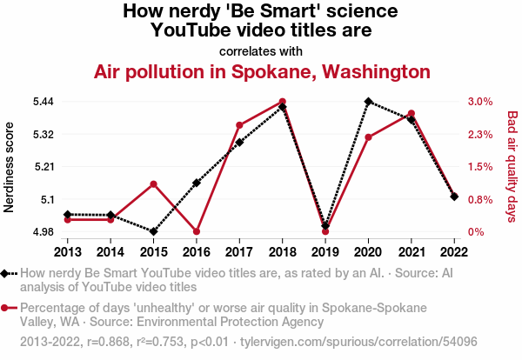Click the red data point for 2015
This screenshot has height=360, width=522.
pyautogui.click(x=153, y=184)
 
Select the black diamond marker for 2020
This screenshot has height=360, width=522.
pyautogui.click(x=368, y=102)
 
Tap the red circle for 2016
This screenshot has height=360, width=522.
pyautogui.click(x=197, y=231)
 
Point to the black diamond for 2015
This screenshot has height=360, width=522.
pyautogui.click(x=153, y=231)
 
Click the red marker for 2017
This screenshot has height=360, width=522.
pyautogui.click(x=239, y=125)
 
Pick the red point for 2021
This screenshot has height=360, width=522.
pyautogui.click(x=412, y=113)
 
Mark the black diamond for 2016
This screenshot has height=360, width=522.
pyautogui.click(x=197, y=183)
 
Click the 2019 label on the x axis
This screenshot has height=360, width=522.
pyautogui.click(x=325, y=252)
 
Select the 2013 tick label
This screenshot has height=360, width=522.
pyautogui.click(x=68, y=252)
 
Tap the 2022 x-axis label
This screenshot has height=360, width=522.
pyautogui.click(x=454, y=252)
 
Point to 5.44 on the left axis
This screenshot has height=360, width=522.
pyautogui.click(x=43, y=102)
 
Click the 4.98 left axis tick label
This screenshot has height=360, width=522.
pyautogui.click(x=43, y=231)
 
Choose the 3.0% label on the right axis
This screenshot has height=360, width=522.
pyautogui.click(x=480, y=102)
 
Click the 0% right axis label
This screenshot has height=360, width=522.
pyautogui.click(x=476, y=231)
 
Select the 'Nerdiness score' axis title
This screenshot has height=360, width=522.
pyautogui.click(x=9, y=167)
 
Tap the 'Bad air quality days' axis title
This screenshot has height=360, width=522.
pyautogui.click(x=512, y=166)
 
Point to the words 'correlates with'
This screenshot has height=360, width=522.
pyautogui.click(x=261, y=51)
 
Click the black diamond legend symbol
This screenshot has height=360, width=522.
pyautogui.click(x=4, y=274)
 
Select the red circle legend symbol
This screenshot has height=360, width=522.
pyautogui.click(x=4, y=308)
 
